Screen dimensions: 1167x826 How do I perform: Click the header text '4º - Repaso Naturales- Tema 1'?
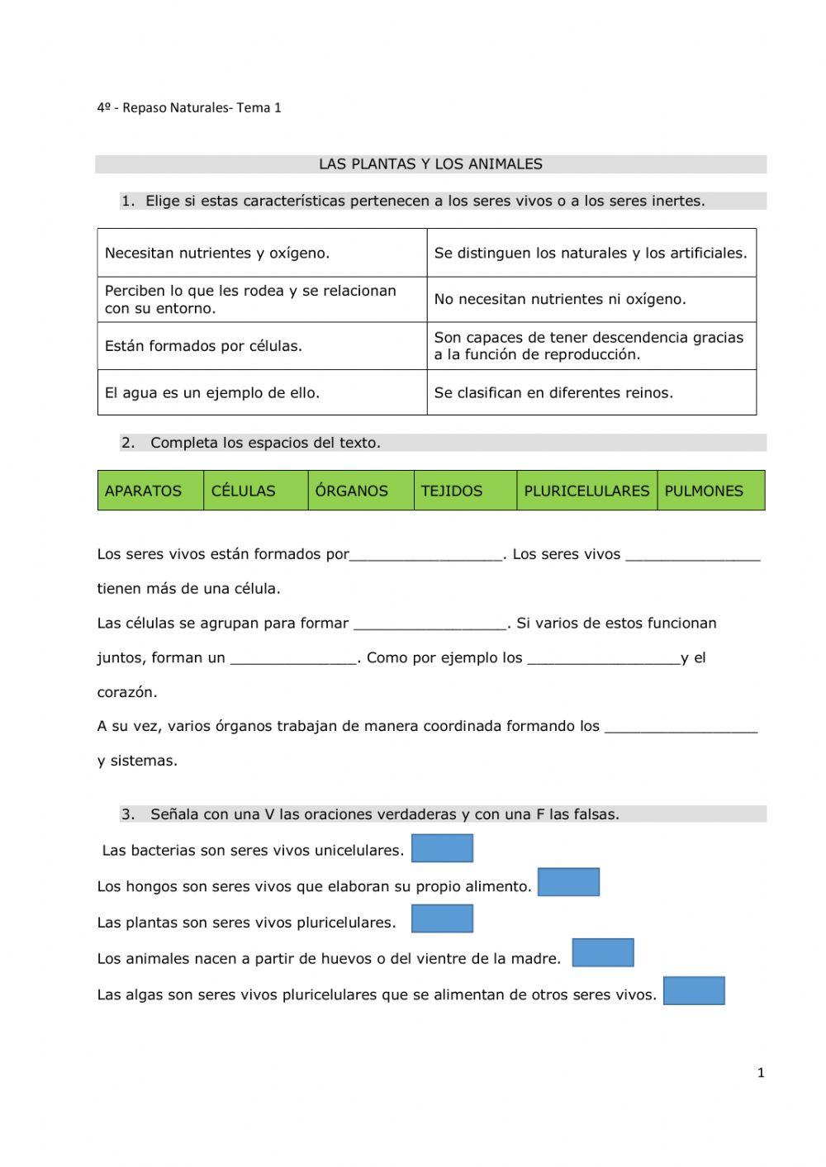point(189,107)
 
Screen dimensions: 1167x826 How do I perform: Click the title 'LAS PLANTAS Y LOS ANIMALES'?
point(430,164)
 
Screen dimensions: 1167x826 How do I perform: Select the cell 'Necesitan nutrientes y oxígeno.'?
point(262,253)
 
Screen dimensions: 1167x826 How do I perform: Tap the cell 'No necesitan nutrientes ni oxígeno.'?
point(591,299)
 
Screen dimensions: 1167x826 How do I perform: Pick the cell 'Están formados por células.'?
point(262,346)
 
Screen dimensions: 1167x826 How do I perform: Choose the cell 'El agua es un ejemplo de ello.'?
point(262,392)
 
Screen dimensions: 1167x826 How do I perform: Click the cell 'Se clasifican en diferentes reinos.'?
point(591,392)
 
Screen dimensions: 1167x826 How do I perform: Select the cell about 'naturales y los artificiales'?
point(591,253)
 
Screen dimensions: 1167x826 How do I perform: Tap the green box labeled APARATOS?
point(150,491)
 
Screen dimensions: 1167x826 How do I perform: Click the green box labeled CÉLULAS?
point(255,491)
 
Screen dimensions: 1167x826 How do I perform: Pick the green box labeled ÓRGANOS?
point(361,491)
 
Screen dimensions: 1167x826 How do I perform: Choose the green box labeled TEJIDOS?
point(465,491)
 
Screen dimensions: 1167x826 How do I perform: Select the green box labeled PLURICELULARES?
point(586,491)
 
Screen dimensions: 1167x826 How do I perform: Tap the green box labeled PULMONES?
point(710,491)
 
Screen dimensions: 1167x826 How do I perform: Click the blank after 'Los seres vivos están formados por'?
point(426,555)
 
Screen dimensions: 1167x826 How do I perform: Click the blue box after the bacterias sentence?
point(442,848)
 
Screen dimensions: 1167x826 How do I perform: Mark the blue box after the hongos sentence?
point(568,882)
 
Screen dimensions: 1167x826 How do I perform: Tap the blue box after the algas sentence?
point(694,991)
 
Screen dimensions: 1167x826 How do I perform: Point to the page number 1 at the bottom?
point(761,1073)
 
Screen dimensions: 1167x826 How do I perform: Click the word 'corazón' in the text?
point(126,692)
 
